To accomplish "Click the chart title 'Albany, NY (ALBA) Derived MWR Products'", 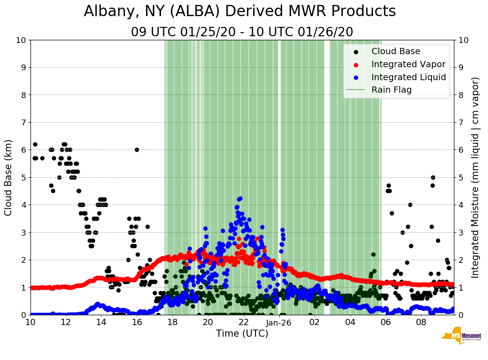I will pyautogui.click(x=240, y=12).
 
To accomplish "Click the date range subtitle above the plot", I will pyautogui.click(x=242, y=32).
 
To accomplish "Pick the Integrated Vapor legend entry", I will pyautogui.click(x=408, y=64).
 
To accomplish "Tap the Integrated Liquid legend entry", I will pyautogui.click(x=408, y=77).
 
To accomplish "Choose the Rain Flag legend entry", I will pyautogui.click(x=391, y=90).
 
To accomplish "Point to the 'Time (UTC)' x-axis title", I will pyautogui.click(x=242, y=334).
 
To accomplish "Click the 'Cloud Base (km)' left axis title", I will pyautogui.click(x=9, y=177).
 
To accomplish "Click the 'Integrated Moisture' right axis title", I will pyautogui.click(x=475, y=177).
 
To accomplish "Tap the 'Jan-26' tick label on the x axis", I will pyautogui.click(x=279, y=322).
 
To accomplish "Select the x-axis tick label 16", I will pyautogui.click(x=137, y=322).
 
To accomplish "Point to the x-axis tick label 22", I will pyautogui.click(x=243, y=322).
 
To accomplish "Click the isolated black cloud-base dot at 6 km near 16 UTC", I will pyautogui.click(x=137, y=150).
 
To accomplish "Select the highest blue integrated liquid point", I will pyautogui.click(x=240, y=198).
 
